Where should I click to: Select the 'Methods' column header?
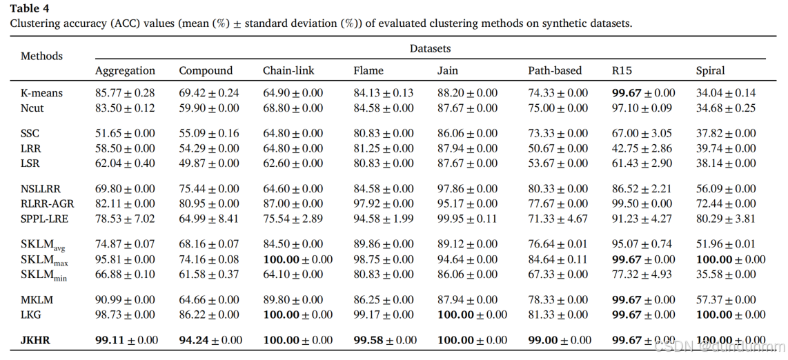[x=41, y=56]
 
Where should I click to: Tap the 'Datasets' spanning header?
[x=430, y=48]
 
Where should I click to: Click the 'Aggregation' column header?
[x=125, y=70]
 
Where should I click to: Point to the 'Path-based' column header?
[x=555, y=70]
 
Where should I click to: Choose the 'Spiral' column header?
[x=710, y=70]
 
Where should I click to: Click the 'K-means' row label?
[x=41, y=93]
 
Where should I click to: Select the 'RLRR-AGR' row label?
[x=48, y=203]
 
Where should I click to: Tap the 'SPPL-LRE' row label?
[x=46, y=219]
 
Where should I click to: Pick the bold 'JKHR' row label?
[x=35, y=340]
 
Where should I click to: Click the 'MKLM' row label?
[x=37, y=300]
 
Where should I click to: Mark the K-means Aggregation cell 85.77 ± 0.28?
[x=125, y=93]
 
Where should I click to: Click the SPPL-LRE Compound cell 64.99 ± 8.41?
[x=209, y=219]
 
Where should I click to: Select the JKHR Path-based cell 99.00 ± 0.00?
[x=560, y=340]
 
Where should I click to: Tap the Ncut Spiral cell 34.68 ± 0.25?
[x=725, y=108]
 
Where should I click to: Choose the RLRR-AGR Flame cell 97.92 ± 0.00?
[x=384, y=203]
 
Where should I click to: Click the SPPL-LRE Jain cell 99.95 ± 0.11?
[x=467, y=219]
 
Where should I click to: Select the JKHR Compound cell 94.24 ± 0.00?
[x=210, y=340]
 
